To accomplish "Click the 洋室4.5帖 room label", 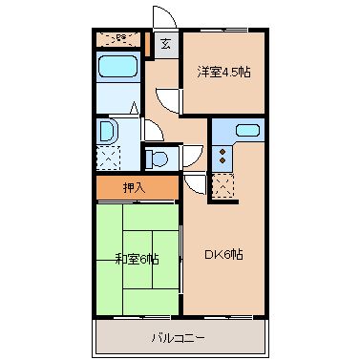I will pos(224,72).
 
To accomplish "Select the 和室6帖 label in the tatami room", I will pos(137,258).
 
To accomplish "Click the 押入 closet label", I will pos(135,187).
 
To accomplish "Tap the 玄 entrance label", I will pos(165,43).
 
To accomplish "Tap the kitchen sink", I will pos(246,131).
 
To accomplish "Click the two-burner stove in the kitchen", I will pos(222,153).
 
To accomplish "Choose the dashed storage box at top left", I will pos(118,39).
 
